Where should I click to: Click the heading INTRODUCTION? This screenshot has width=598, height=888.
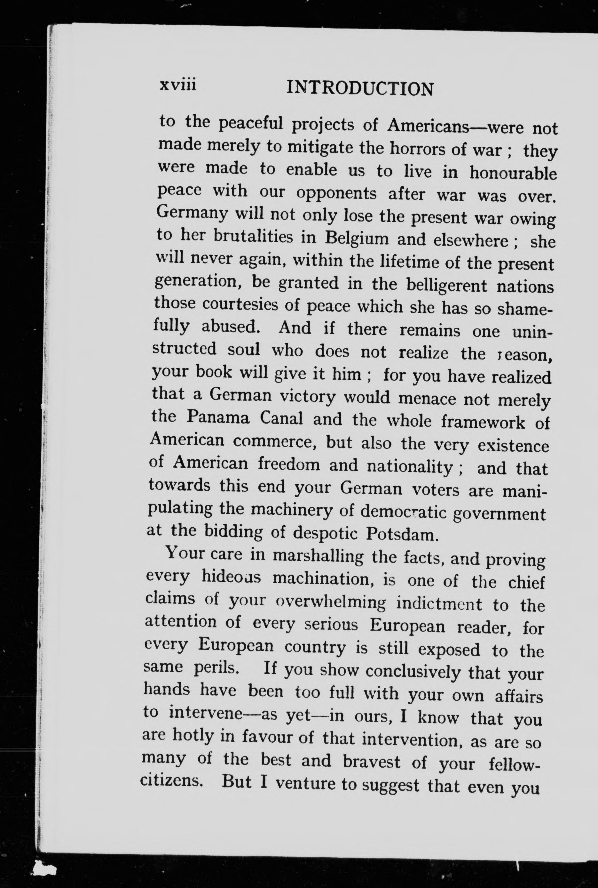click(x=360, y=89)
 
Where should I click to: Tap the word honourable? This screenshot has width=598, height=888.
click(x=513, y=173)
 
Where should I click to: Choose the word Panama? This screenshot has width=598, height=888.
click(x=218, y=417)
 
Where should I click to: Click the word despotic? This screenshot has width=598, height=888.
click(x=325, y=533)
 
